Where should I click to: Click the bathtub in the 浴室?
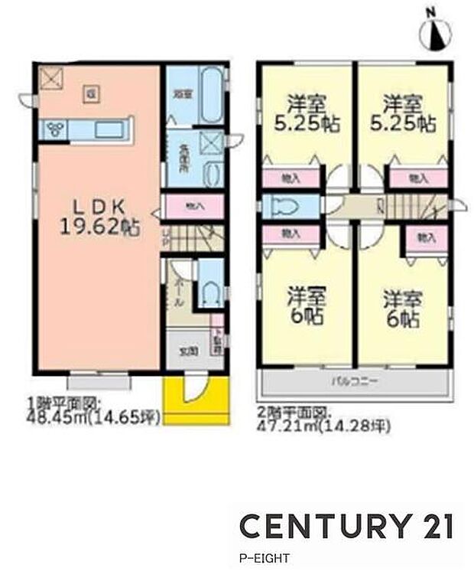pyautogui.click(x=211, y=96)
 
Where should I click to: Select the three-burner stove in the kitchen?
pyautogui.click(x=56, y=129)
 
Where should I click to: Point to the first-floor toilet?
pyautogui.click(x=211, y=292)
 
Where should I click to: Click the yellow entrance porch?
pyautogui.click(x=196, y=398)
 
